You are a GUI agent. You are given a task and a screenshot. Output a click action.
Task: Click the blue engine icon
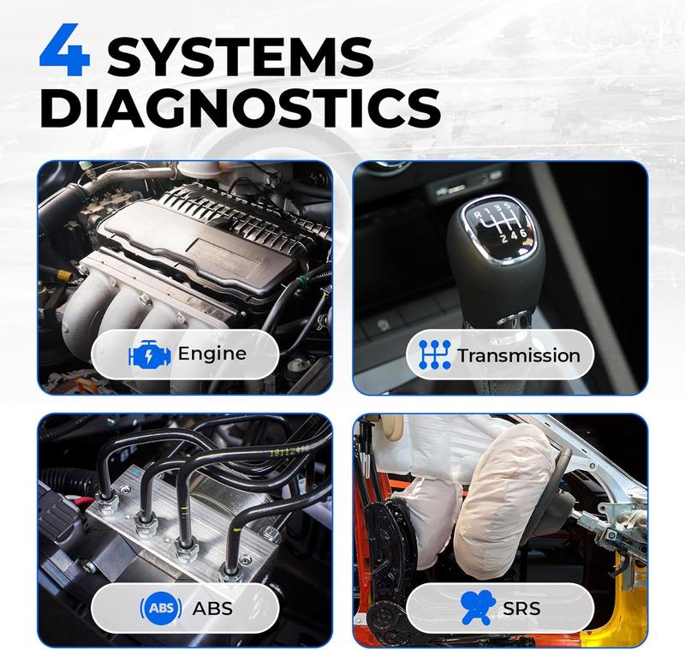[150, 354]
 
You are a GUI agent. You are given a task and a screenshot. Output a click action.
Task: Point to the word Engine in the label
[212, 354]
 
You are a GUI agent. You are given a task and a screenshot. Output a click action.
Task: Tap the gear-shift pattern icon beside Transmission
[435, 355]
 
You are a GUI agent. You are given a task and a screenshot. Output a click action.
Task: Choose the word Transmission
[519, 355]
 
